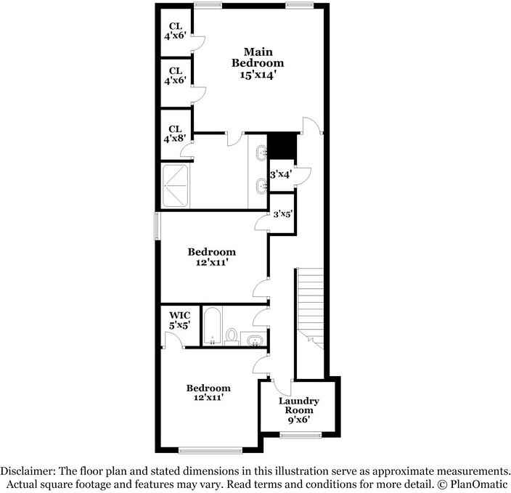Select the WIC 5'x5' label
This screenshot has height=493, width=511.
pos(179,321)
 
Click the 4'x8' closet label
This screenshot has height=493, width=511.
pos(175,134)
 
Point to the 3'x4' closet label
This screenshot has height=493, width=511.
pos(280,174)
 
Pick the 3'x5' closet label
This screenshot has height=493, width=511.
pos(282,213)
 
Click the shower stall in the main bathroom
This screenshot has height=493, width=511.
pos(176,186)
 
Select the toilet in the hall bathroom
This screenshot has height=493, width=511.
pos(232,336)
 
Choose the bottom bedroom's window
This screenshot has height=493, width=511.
pos(210,449)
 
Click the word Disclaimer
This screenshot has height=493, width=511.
pos(28,470)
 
